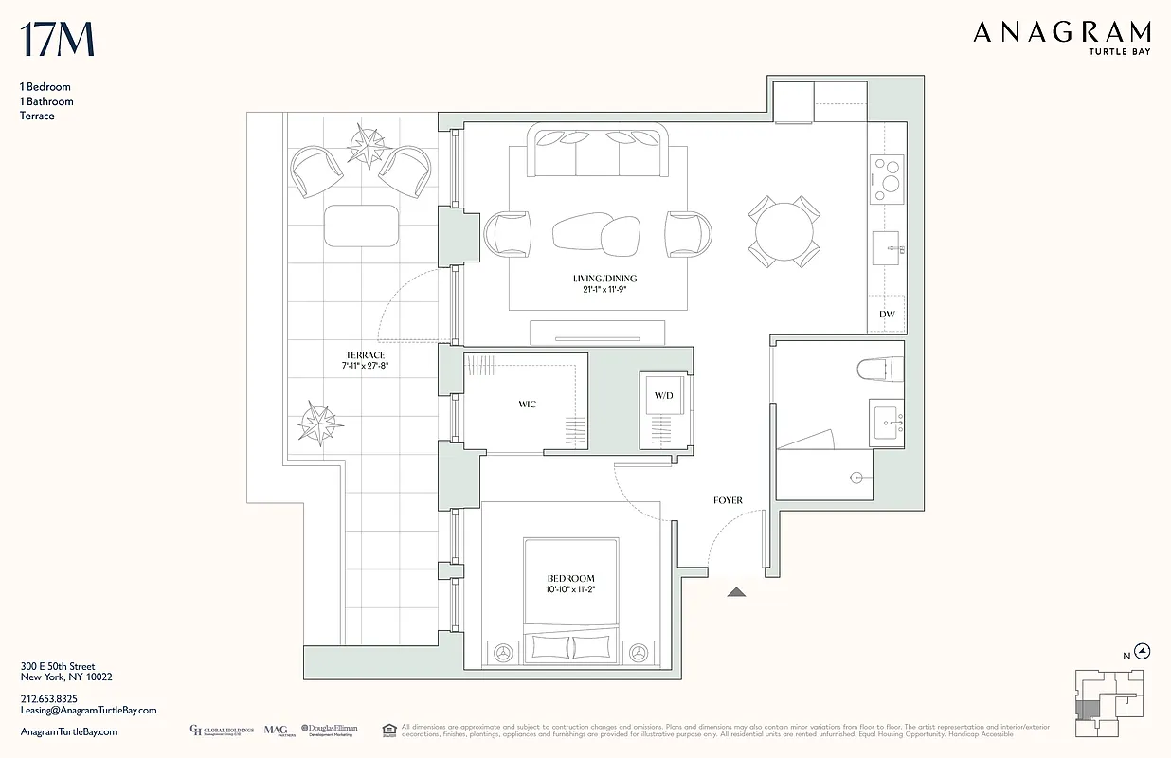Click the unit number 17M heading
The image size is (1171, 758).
[x=57, y=39]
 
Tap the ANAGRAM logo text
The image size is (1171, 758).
[x=1062, y=33]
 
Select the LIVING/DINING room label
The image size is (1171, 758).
[x=604, y=278]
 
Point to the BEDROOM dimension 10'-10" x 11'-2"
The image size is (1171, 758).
[x=570, y=589]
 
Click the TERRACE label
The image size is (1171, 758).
[x=365, y=355]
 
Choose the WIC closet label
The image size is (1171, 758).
[x=527, y=405]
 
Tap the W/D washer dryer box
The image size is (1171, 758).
[x=663, y=395]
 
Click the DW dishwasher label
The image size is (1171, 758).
[x=887, y=314]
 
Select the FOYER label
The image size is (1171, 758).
[x=728, y=500]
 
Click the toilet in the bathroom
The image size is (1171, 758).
[x=875, y=368]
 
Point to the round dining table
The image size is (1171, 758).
[x=784, y=230]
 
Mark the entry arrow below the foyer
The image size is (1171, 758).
[x=737, y=592]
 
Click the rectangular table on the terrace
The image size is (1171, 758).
[x=361, y=226]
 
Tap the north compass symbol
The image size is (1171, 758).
[x=1143, y=651]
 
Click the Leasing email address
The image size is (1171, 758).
[x=88, y=710]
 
